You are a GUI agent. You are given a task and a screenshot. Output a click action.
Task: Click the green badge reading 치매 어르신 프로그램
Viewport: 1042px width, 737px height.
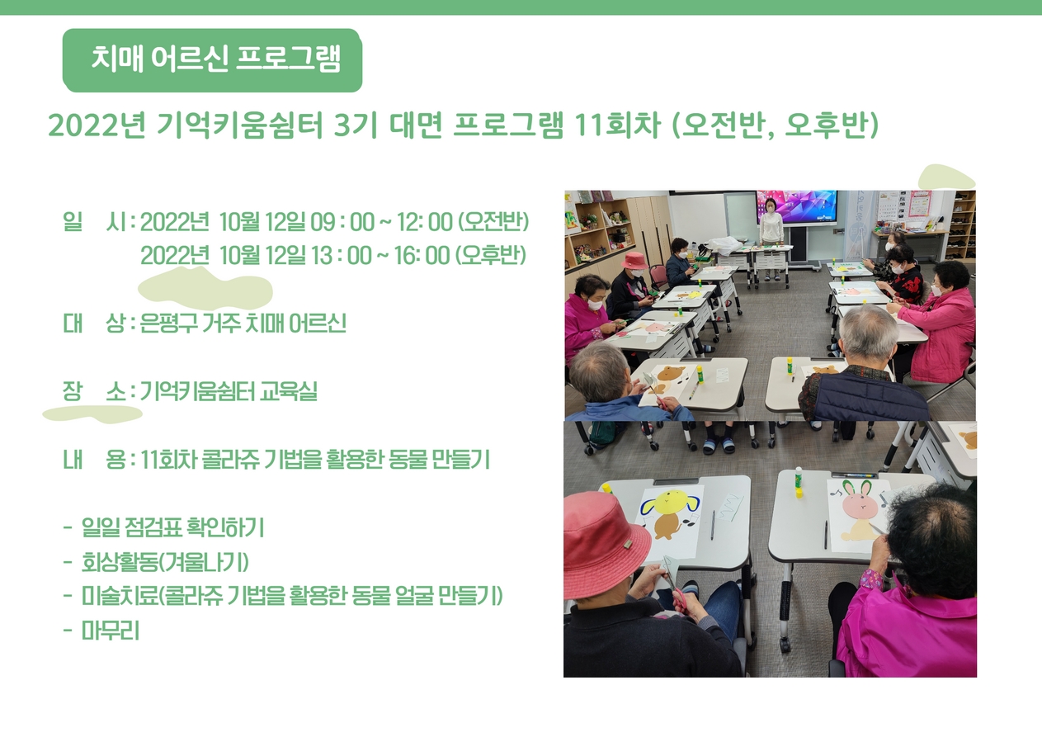point(212,60)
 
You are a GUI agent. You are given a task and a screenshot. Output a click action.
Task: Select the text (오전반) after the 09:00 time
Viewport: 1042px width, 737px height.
point(494,222)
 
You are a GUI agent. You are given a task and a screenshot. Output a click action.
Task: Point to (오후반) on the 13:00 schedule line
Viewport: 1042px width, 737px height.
point(491,256)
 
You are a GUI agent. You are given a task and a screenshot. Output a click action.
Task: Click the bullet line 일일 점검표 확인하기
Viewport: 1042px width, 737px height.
point(172,527)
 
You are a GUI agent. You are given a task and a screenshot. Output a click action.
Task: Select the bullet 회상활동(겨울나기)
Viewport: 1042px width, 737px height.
point(165,562)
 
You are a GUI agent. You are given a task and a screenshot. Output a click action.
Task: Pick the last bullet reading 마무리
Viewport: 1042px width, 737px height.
point(111,631)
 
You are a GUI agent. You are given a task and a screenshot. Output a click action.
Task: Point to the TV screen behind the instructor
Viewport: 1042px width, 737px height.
point(797,206)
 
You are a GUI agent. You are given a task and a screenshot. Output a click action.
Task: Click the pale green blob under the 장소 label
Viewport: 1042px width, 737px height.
point(92,413)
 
